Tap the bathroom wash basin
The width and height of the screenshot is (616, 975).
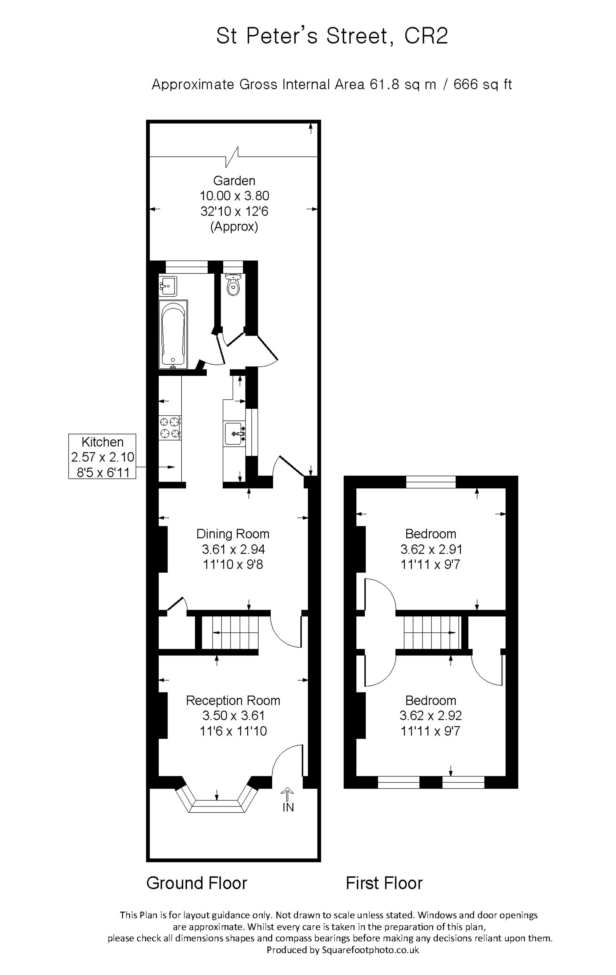pos(168,285)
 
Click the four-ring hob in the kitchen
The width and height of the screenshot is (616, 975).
pos(170,428)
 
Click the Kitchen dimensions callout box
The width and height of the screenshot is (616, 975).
pos(102,456)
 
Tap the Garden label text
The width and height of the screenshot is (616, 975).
pos(234,181)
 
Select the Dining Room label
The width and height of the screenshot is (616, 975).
pos(233,534)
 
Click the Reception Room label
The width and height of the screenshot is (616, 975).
pos(233,700)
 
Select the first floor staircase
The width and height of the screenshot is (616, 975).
pos(432,632)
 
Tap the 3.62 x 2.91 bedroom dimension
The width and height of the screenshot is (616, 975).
pos(431,549)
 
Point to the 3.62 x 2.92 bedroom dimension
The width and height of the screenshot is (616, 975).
pos(431,716)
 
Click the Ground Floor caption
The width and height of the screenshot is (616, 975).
pos(197,883)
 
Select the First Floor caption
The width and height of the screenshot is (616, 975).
pos(384,883)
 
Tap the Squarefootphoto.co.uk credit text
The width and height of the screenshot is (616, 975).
pos(370,949)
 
